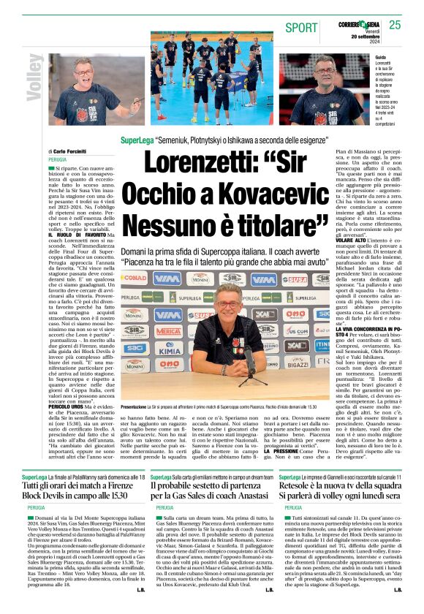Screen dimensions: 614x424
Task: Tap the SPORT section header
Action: click(302, 27)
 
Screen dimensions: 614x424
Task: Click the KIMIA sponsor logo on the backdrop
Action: click(167, 350)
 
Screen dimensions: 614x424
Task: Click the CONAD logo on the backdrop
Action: click(134, 278)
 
